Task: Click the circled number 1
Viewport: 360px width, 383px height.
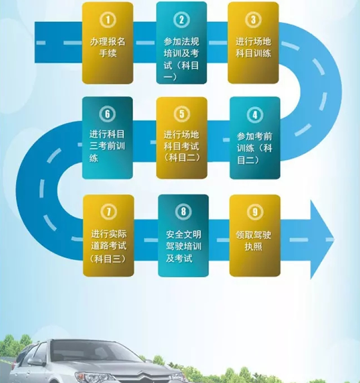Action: (108, 20)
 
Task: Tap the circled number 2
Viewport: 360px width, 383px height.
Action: (181, 20)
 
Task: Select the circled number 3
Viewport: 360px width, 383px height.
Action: (253, 20)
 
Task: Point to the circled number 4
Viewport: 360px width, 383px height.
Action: (255, 115)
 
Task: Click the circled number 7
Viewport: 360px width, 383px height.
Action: (108, 212)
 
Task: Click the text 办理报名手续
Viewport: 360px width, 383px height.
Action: (108, 48)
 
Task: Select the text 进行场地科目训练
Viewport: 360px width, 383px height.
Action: (253, 48)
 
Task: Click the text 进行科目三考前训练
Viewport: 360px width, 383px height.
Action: (107, 145)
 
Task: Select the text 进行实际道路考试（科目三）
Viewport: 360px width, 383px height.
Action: (108, 246)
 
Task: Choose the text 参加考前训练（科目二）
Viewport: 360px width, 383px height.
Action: (255, 148)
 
